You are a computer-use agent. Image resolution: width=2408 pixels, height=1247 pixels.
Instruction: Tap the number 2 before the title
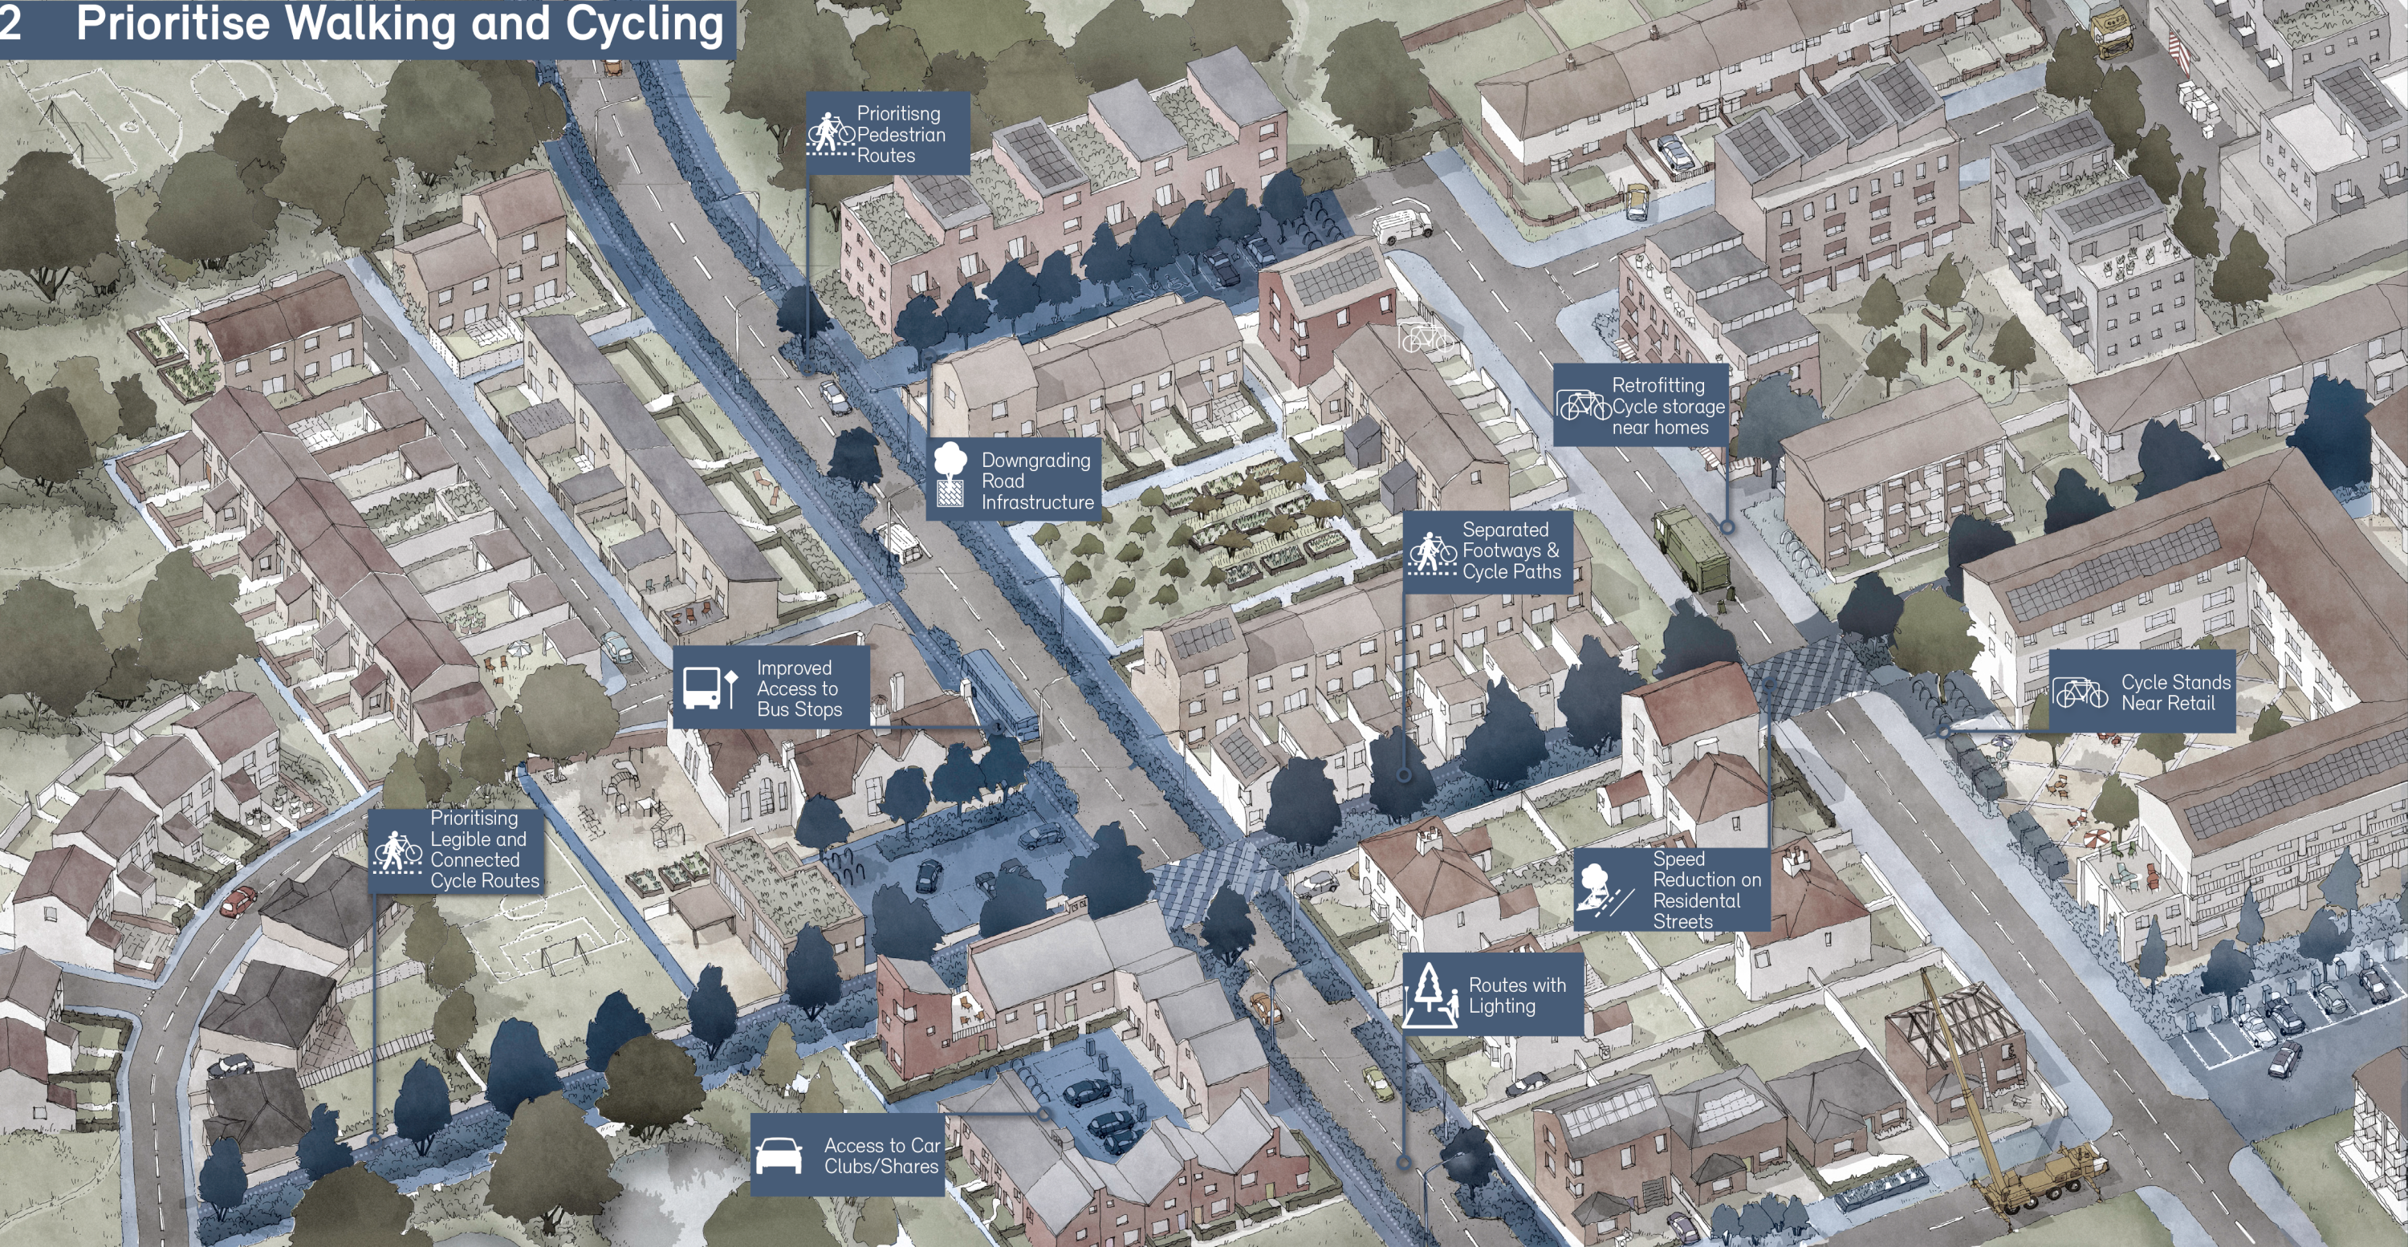pyautogui.click(x=10, y=23)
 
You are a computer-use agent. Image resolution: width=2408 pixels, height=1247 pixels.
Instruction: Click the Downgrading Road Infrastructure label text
pyautogui.click(x=1035, y=481)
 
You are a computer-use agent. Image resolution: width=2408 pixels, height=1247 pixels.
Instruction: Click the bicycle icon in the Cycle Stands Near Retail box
pyautogui.click(x=2080, y=693)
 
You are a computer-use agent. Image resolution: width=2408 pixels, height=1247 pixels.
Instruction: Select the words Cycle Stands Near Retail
pyautogui.click(x=2174, y=693)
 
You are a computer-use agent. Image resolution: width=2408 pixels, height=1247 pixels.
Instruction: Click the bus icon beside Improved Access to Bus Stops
pyautogui.click(x=702, y=688)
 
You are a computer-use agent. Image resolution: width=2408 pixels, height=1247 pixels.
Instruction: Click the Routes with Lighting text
pyautogui.click(x=1515, y=996)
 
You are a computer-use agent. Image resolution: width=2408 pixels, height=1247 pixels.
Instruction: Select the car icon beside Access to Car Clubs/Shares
pyautogui.click(x=778, y=1156)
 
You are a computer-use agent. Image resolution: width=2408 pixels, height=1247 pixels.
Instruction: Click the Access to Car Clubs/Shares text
pyautogui.click(x=881, y=1156)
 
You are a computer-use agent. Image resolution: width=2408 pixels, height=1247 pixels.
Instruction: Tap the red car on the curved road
pyautogui.click(x=238, y=902)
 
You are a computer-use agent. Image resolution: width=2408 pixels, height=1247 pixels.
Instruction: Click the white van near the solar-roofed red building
pyautogui.click(x=1401, y=225)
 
